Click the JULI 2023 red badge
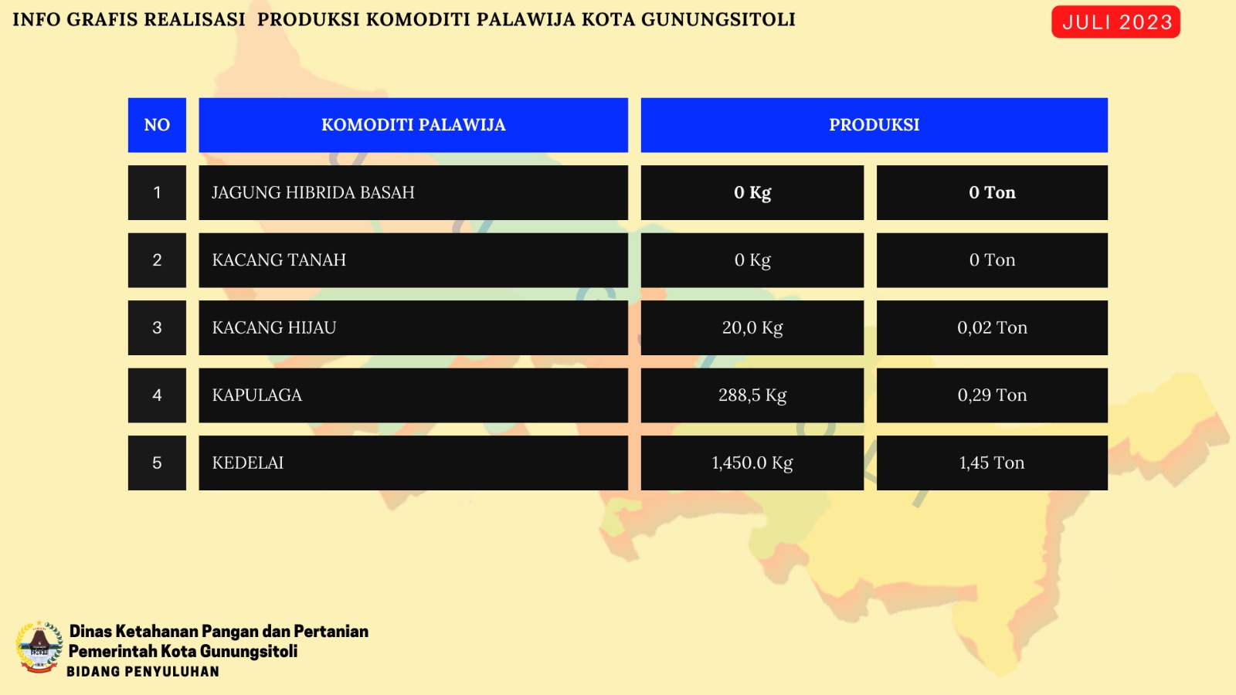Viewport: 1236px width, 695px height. (1115, 22)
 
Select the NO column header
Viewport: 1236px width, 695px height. (157, 125)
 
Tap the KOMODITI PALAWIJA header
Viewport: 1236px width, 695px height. (413, 125)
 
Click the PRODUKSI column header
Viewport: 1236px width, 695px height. (874, 125)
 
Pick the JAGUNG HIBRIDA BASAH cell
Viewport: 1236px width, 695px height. (413, 192)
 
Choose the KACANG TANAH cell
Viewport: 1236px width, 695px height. (413, 260)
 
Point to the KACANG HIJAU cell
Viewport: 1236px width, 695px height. (413, 327)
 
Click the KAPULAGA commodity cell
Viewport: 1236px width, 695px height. (413, 395)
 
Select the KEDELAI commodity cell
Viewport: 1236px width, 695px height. (413, 463)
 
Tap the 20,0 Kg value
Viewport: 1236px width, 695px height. (752, 327)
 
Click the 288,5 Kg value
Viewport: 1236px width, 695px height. (752, 395)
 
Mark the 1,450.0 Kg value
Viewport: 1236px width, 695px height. (752, 463)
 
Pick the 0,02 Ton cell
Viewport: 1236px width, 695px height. (992, 327)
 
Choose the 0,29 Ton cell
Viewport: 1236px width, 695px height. (992, 395)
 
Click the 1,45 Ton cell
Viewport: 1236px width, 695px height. (992, 463)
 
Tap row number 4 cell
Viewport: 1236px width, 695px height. (157, 395)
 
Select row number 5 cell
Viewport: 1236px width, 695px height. (157, 463)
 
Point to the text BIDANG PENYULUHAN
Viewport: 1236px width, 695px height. (143, 672)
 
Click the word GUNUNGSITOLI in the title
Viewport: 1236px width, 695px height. (718, 20)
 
